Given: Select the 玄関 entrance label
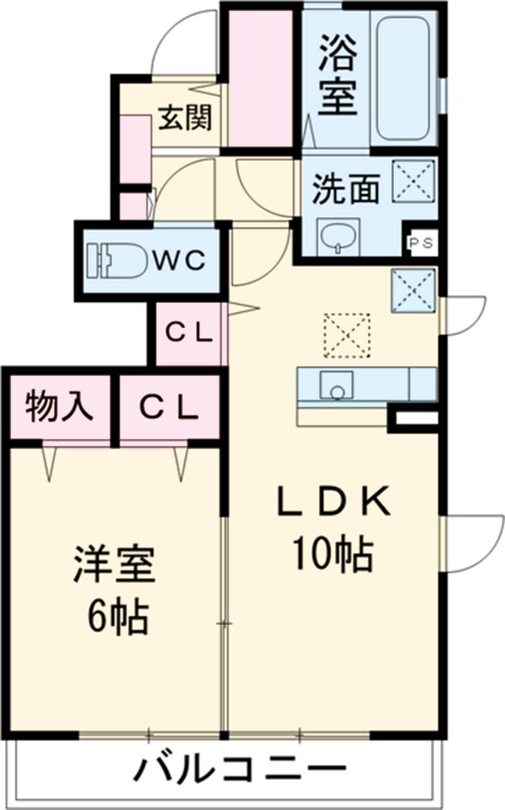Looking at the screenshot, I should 184,119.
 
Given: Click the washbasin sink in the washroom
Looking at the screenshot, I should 338,235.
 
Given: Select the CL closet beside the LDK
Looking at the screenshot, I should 189,333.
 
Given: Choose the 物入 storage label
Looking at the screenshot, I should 58,408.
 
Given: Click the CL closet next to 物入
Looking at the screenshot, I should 168,408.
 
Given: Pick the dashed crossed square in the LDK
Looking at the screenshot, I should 347,334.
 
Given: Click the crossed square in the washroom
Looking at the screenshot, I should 413,180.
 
